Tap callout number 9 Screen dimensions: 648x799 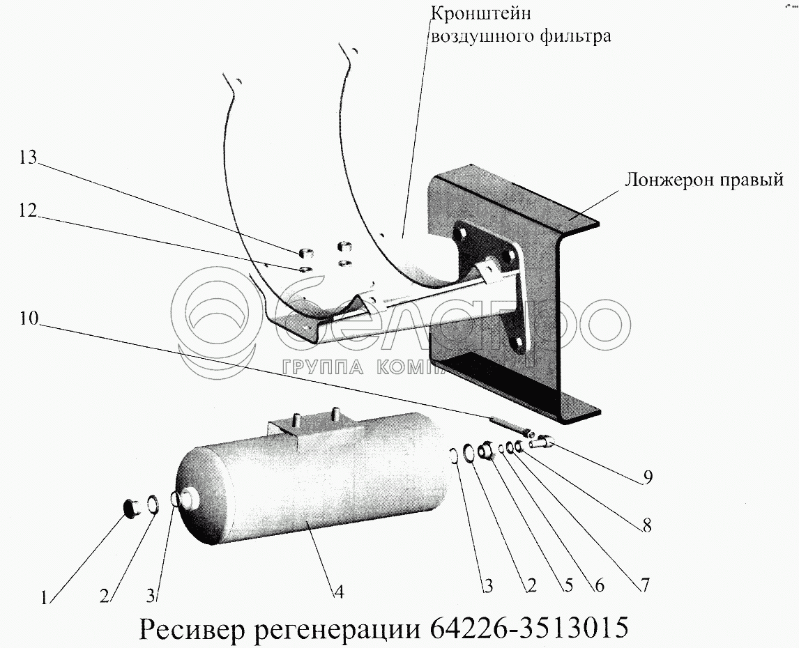click(x=648, y=477)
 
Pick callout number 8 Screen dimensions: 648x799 click(x=646, y=527)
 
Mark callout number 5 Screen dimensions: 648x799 click(x=568, y=587)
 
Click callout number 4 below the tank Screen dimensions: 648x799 click(x=338, y=592)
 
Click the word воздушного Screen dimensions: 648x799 click(x=480, y=36)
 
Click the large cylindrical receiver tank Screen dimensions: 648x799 click(x=314, y=481)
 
